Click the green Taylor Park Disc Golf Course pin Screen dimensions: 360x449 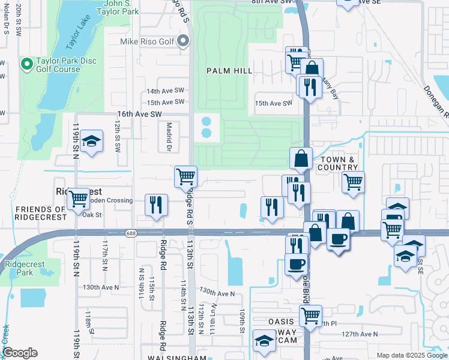pyautogui.click(x=26, y=64)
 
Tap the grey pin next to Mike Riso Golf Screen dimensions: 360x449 pyautogui.click(x=184, y=41)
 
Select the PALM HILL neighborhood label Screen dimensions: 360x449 pyautogui.click(x=229, y=71)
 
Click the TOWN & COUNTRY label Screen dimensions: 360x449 pyautogui.click(x=339, y=163)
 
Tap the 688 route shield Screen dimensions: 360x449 pyautogui.click(x=130, y=233)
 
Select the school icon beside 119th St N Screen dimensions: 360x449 pyautogui.click(x=91, y=142)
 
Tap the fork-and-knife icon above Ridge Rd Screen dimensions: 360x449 pyautogui.click(x=157, y=205)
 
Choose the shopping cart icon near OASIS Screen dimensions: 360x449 pyautogui.click(x=310, y=315)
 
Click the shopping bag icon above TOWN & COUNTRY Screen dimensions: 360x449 pyautogui.click(x=301, y=159)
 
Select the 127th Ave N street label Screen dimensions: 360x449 pyautogui.click(x=359, y=334)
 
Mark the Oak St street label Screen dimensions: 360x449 pyautogui.click(x=92, y=215)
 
